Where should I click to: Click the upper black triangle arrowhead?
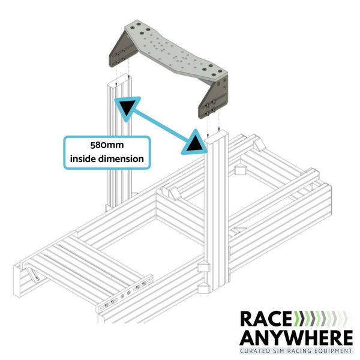pyautogui.click(x=127, y=107)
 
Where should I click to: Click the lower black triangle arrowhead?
pyautogui.click(x=194, y=143)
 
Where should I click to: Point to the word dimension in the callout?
pyautogui.click(x=121, y=159)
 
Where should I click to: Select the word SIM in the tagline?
pyautogui.click(x=284, y=350)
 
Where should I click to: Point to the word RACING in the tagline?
pyautogui.click(x=305, y=350)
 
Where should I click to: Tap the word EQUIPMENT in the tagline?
pyautogui.click(x=335, y=350)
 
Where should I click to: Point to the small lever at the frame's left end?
pyautogui.click(x=34, y=277)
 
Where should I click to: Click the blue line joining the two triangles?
pyautogui.click(x=161, y=125)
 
